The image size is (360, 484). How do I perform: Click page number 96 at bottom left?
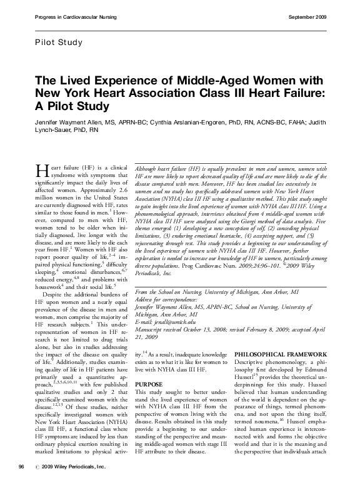coord(21,467)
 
